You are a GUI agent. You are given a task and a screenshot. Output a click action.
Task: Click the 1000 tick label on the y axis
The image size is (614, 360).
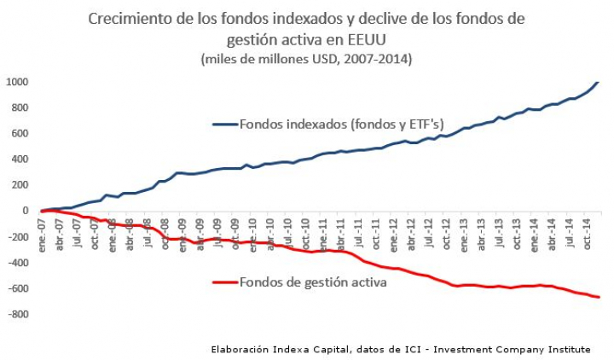click(x=16, y=82)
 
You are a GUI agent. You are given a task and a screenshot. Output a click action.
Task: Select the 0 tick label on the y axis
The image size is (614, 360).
click(x=25, y=211)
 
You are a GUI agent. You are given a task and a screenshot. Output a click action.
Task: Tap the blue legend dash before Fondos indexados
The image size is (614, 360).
click(x=224, y=125)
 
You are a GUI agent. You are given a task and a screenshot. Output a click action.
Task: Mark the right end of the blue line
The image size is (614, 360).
click(x=598, y=82)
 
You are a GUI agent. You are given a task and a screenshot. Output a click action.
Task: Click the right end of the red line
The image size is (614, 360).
click(x=599, y=297)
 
